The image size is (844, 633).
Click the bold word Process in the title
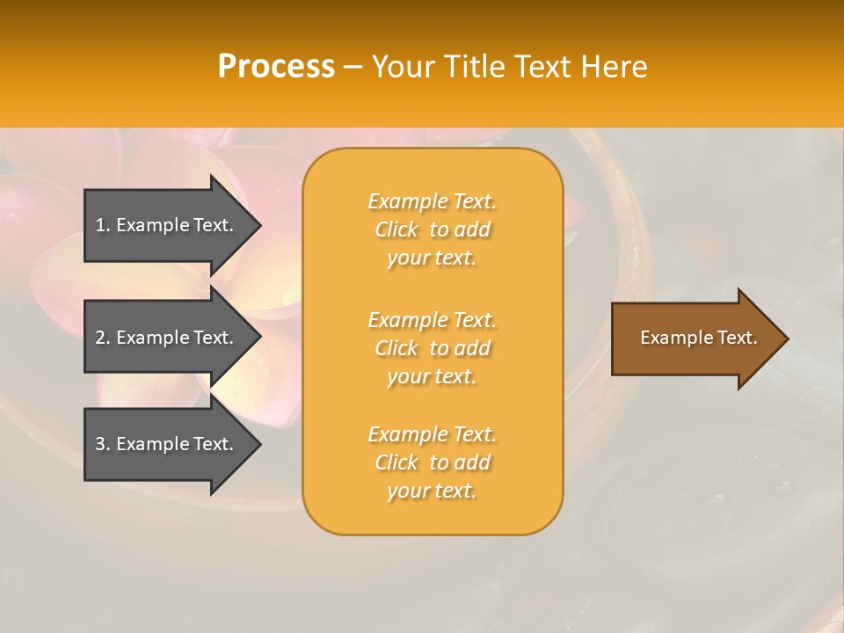pos(276,67)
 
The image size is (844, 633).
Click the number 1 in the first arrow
pos(101,225)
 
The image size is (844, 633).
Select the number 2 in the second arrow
pos(101,338)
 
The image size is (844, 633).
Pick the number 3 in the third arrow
pos(101,444)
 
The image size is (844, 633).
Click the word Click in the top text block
pos(397,229)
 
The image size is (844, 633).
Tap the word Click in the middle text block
pos(397,348)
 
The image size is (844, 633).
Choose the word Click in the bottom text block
pos(397,462)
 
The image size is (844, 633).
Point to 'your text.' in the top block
pos(432,258)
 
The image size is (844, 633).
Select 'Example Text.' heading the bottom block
pos(432,434)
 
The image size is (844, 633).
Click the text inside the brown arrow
pos(698,338)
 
